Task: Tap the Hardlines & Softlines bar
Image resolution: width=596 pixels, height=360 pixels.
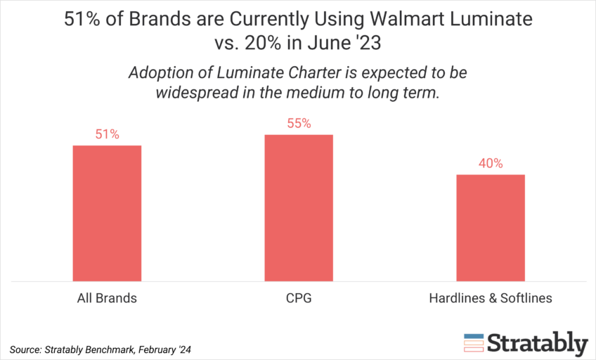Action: click(491, 228)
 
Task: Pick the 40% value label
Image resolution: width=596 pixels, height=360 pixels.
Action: click(491, 164)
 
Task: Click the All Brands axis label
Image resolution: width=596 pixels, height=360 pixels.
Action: click(107, 298)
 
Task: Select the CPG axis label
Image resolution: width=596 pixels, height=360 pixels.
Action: click(299, 298)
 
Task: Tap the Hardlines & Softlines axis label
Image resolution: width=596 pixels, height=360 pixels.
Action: click(491, 298)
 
